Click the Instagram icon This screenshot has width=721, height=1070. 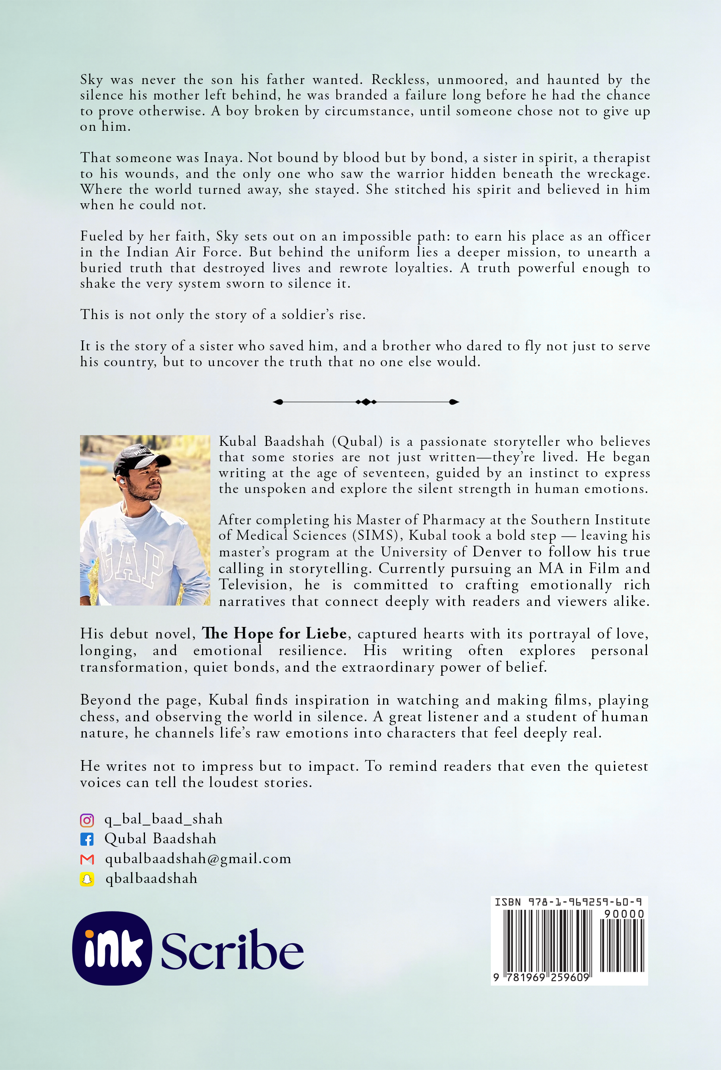click(x=87, y=820)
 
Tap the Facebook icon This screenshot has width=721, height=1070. click(x=87, y=839)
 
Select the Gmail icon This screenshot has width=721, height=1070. click(x=87, y=859)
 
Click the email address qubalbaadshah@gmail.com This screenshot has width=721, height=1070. click(x=198, y=859)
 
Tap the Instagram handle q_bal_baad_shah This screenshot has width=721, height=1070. click(x=163, y=819)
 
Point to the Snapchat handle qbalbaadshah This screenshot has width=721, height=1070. click(x=151, y=879)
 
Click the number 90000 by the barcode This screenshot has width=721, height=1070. click(x=624, y=914)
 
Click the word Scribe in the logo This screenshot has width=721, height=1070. click(x=232, y=950)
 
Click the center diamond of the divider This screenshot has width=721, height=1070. click(x=366, y=402)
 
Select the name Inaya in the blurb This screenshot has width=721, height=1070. click(x=221, y=158)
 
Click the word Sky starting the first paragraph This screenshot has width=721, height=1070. click(x=92, y=80)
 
